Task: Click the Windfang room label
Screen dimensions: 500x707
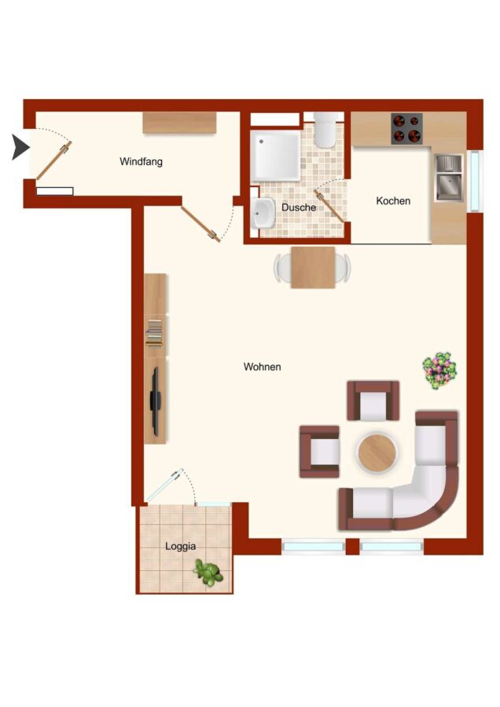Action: tap(141, 161)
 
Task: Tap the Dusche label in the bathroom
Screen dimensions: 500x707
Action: tap(298, 207)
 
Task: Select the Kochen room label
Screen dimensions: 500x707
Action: tap(393, 200)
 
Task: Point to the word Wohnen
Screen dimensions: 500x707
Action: tap(262, 367)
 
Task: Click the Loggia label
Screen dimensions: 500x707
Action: tap(180, 547)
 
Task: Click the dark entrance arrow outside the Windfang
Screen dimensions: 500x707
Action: tap(20, 148)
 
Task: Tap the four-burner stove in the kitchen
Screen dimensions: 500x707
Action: tap(406, 129)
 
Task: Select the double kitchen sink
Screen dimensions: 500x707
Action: tap(449, 178)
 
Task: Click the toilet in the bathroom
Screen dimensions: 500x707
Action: tap(325, 130)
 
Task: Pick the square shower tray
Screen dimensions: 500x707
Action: tap(275, 156)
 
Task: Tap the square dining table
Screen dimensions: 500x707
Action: tap(313, 267)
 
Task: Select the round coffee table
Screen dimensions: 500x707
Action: tap(377, 452)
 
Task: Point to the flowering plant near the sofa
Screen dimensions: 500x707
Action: tap(439, 371)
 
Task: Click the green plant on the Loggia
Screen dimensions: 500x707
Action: tap(208, 573)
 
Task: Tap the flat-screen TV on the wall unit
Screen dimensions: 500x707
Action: tap(155, 401)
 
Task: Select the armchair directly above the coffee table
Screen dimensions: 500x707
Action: tap(373, 401)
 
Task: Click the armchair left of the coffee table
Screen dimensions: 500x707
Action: tap(319, 452)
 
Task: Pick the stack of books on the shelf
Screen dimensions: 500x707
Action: tap(154, 333)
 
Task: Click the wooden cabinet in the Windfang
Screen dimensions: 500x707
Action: tap(179, 123)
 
